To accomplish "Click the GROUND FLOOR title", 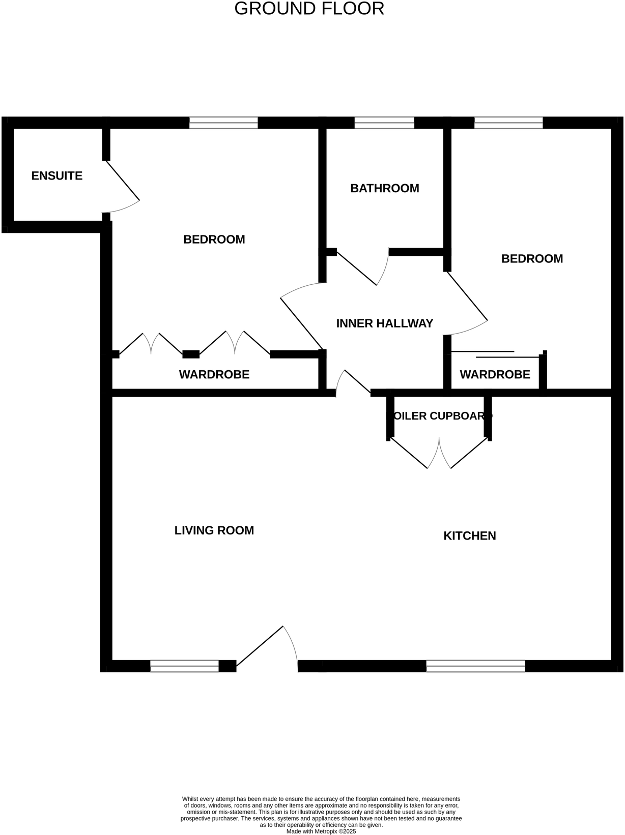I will coord(309,9).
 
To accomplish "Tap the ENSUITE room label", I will coord(57,176).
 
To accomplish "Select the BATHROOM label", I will coord(385,189).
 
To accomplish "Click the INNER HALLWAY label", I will coord(385,323).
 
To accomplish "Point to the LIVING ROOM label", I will coord(214,531).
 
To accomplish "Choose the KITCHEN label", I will coord(470,536).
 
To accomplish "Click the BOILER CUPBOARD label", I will coord(439,416).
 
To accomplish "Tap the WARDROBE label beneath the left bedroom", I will coord(214,375).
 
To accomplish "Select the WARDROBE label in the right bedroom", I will coord(495,375).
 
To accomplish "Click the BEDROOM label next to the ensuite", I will coord(214,240).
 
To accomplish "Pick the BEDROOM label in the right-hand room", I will coord(532,259).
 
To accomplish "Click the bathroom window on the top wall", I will coord(384,123).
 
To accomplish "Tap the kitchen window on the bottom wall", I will coord(475,666).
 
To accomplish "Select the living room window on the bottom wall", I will coord(184,666).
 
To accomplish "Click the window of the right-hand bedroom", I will coord(508,123).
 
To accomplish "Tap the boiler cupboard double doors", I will coord(439,453).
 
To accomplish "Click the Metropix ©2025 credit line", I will coord(321,831).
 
